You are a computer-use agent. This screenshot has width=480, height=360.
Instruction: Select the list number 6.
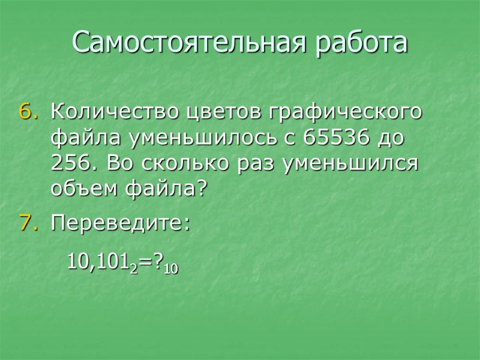tap(29, 112)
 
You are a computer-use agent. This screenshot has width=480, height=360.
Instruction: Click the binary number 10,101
tap(99, 262)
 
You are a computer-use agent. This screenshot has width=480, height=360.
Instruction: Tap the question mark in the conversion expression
tap(157, 262)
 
